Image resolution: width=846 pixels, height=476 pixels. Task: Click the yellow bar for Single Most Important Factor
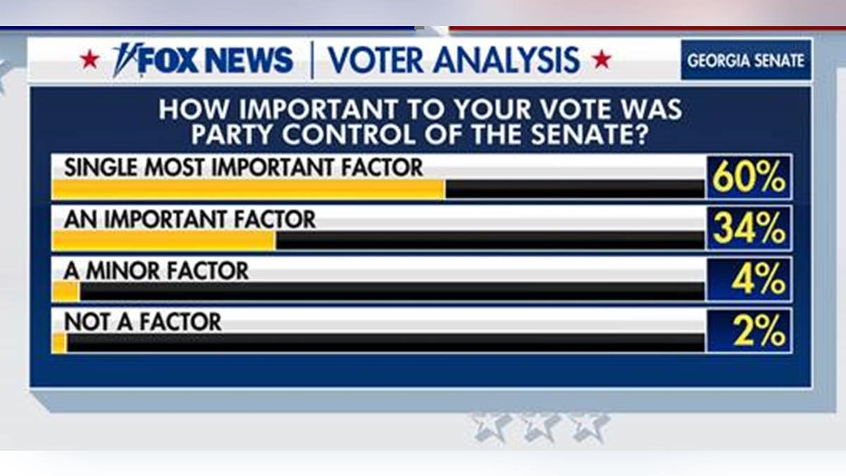(248, 190)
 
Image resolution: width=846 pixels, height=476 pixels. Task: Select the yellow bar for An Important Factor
(164, 240)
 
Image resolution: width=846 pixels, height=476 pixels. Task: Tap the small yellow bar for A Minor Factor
(66, 292)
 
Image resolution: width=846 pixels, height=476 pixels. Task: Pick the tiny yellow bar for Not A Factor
(59, 343)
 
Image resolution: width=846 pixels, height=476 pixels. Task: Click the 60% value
(749, 177)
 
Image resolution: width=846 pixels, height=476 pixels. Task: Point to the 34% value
(749, 228)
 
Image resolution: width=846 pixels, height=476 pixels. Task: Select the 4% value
(759, 279)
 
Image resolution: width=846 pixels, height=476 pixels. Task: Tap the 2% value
(759, 331)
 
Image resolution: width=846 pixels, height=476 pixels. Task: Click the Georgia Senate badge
(746, 61)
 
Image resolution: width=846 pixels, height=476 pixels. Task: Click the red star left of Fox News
(90, 60)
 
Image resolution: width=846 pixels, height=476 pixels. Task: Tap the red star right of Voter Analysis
(601, 60)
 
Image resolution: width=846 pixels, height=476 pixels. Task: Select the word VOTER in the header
(376, 60)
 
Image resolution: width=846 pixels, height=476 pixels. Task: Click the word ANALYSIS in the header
(506, 60)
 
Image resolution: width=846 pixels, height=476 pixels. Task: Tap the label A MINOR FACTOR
(157, 271)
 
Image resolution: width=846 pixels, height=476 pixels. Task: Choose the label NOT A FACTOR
(142, 322)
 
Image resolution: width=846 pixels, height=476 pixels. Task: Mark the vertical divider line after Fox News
(312, 60)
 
